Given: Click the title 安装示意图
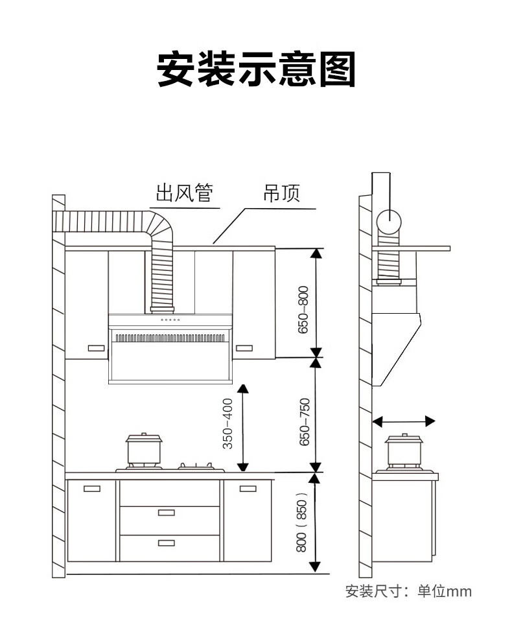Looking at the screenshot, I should pyautogui.click(x=256, y=70).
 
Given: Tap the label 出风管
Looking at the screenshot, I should pyautogui.click(x=185, y=193).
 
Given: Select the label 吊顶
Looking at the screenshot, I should pyautogui.click(x=282, y=193).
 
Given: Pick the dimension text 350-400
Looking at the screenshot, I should pyautogui.click(x=227, y=425).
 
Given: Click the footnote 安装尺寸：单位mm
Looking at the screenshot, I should pyautogui.click(x=409, y=591).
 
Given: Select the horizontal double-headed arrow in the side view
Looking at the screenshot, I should pyautogui.click(x=404, y=421).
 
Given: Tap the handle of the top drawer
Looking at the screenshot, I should pyautogui.click(x=167, y=513).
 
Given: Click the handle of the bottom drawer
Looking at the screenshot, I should pyautogui.click(x=167, y=542).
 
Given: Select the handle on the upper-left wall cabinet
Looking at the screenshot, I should pyautogui.click(x=95, y=348).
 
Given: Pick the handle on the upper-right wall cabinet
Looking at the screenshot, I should pyautogui.click(x=244, y=348).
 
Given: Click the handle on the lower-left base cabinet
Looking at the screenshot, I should pyautogui.click(x=91, y=488).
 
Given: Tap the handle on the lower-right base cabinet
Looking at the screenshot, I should pyautogui.click(x=249, y=488).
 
